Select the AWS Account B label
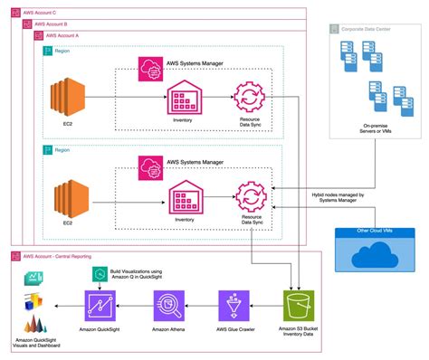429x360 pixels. tap(41, 24)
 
